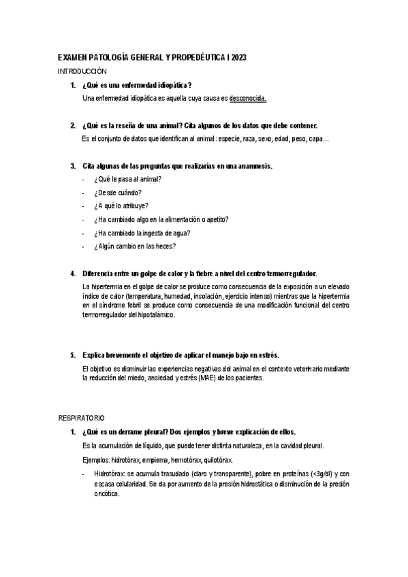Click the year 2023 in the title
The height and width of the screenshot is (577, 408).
pos(238,60)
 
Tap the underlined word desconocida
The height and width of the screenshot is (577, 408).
pos(248,98)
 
